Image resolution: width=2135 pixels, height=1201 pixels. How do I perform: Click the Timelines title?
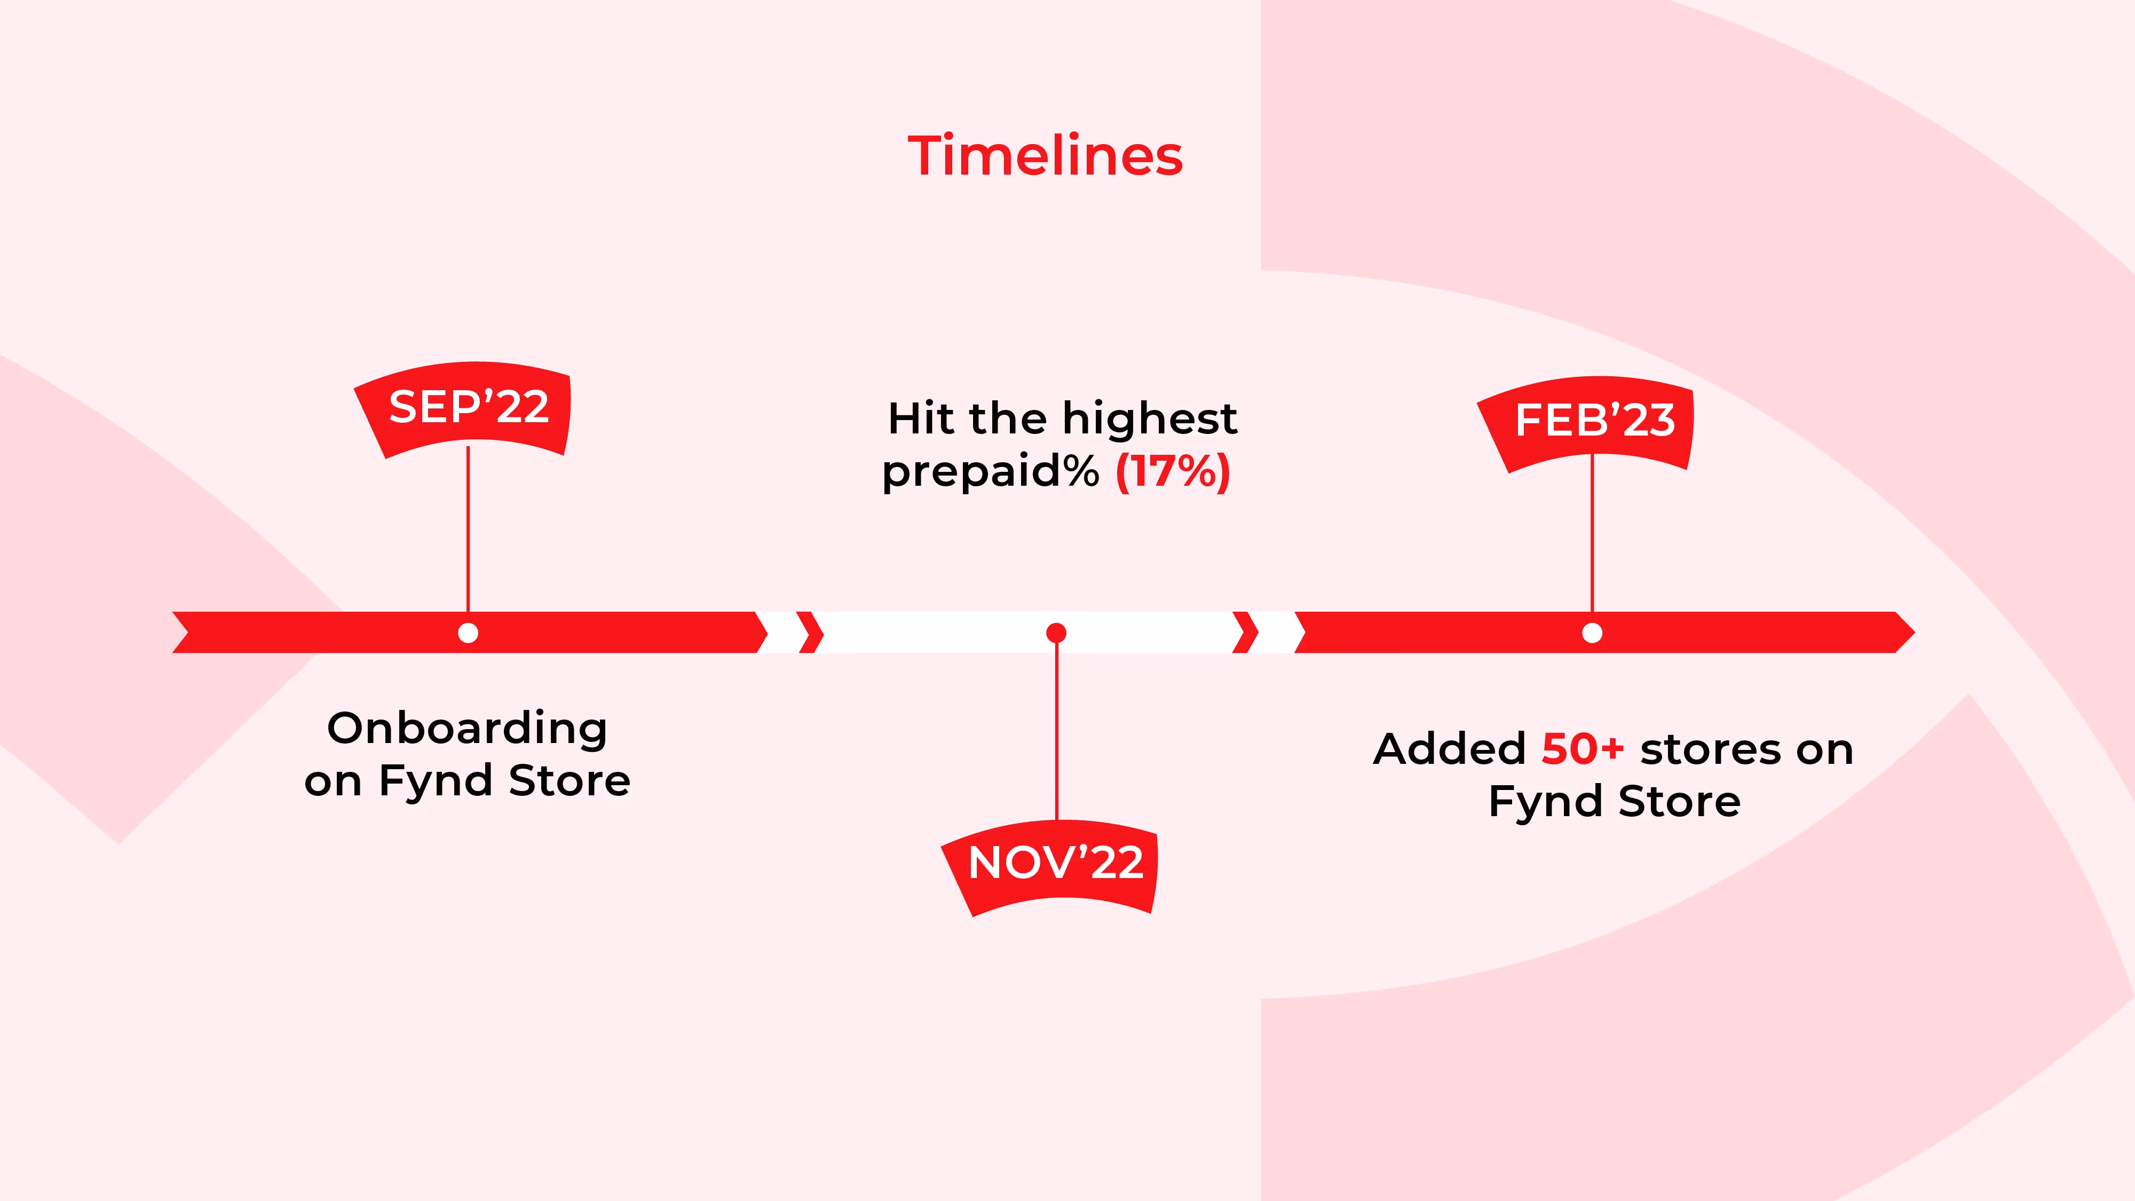click(x=1045, y=156)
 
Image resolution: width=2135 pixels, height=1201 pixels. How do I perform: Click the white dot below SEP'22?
click(x=468, y=633)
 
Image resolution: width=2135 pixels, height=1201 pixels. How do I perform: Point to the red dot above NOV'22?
click(x=1056, y=633)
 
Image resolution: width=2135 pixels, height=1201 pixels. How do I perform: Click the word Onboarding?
click(x=468, y=729)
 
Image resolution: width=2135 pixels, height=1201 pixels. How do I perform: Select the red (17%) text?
click(x=1173, y=472)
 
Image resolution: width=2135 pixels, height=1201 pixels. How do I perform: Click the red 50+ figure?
click(x=1582, y=749)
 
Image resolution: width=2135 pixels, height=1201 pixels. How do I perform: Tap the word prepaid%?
click(x=991, y=472)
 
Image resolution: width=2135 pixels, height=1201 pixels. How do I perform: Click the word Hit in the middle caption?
click(x=920, y=418)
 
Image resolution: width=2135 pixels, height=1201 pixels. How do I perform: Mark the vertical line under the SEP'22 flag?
click(x=468, y=531)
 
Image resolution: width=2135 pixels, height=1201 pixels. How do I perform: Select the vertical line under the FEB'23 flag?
click(x=1592, y=539)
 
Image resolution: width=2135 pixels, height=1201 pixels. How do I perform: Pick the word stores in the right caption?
click(x=1711, y=749)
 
